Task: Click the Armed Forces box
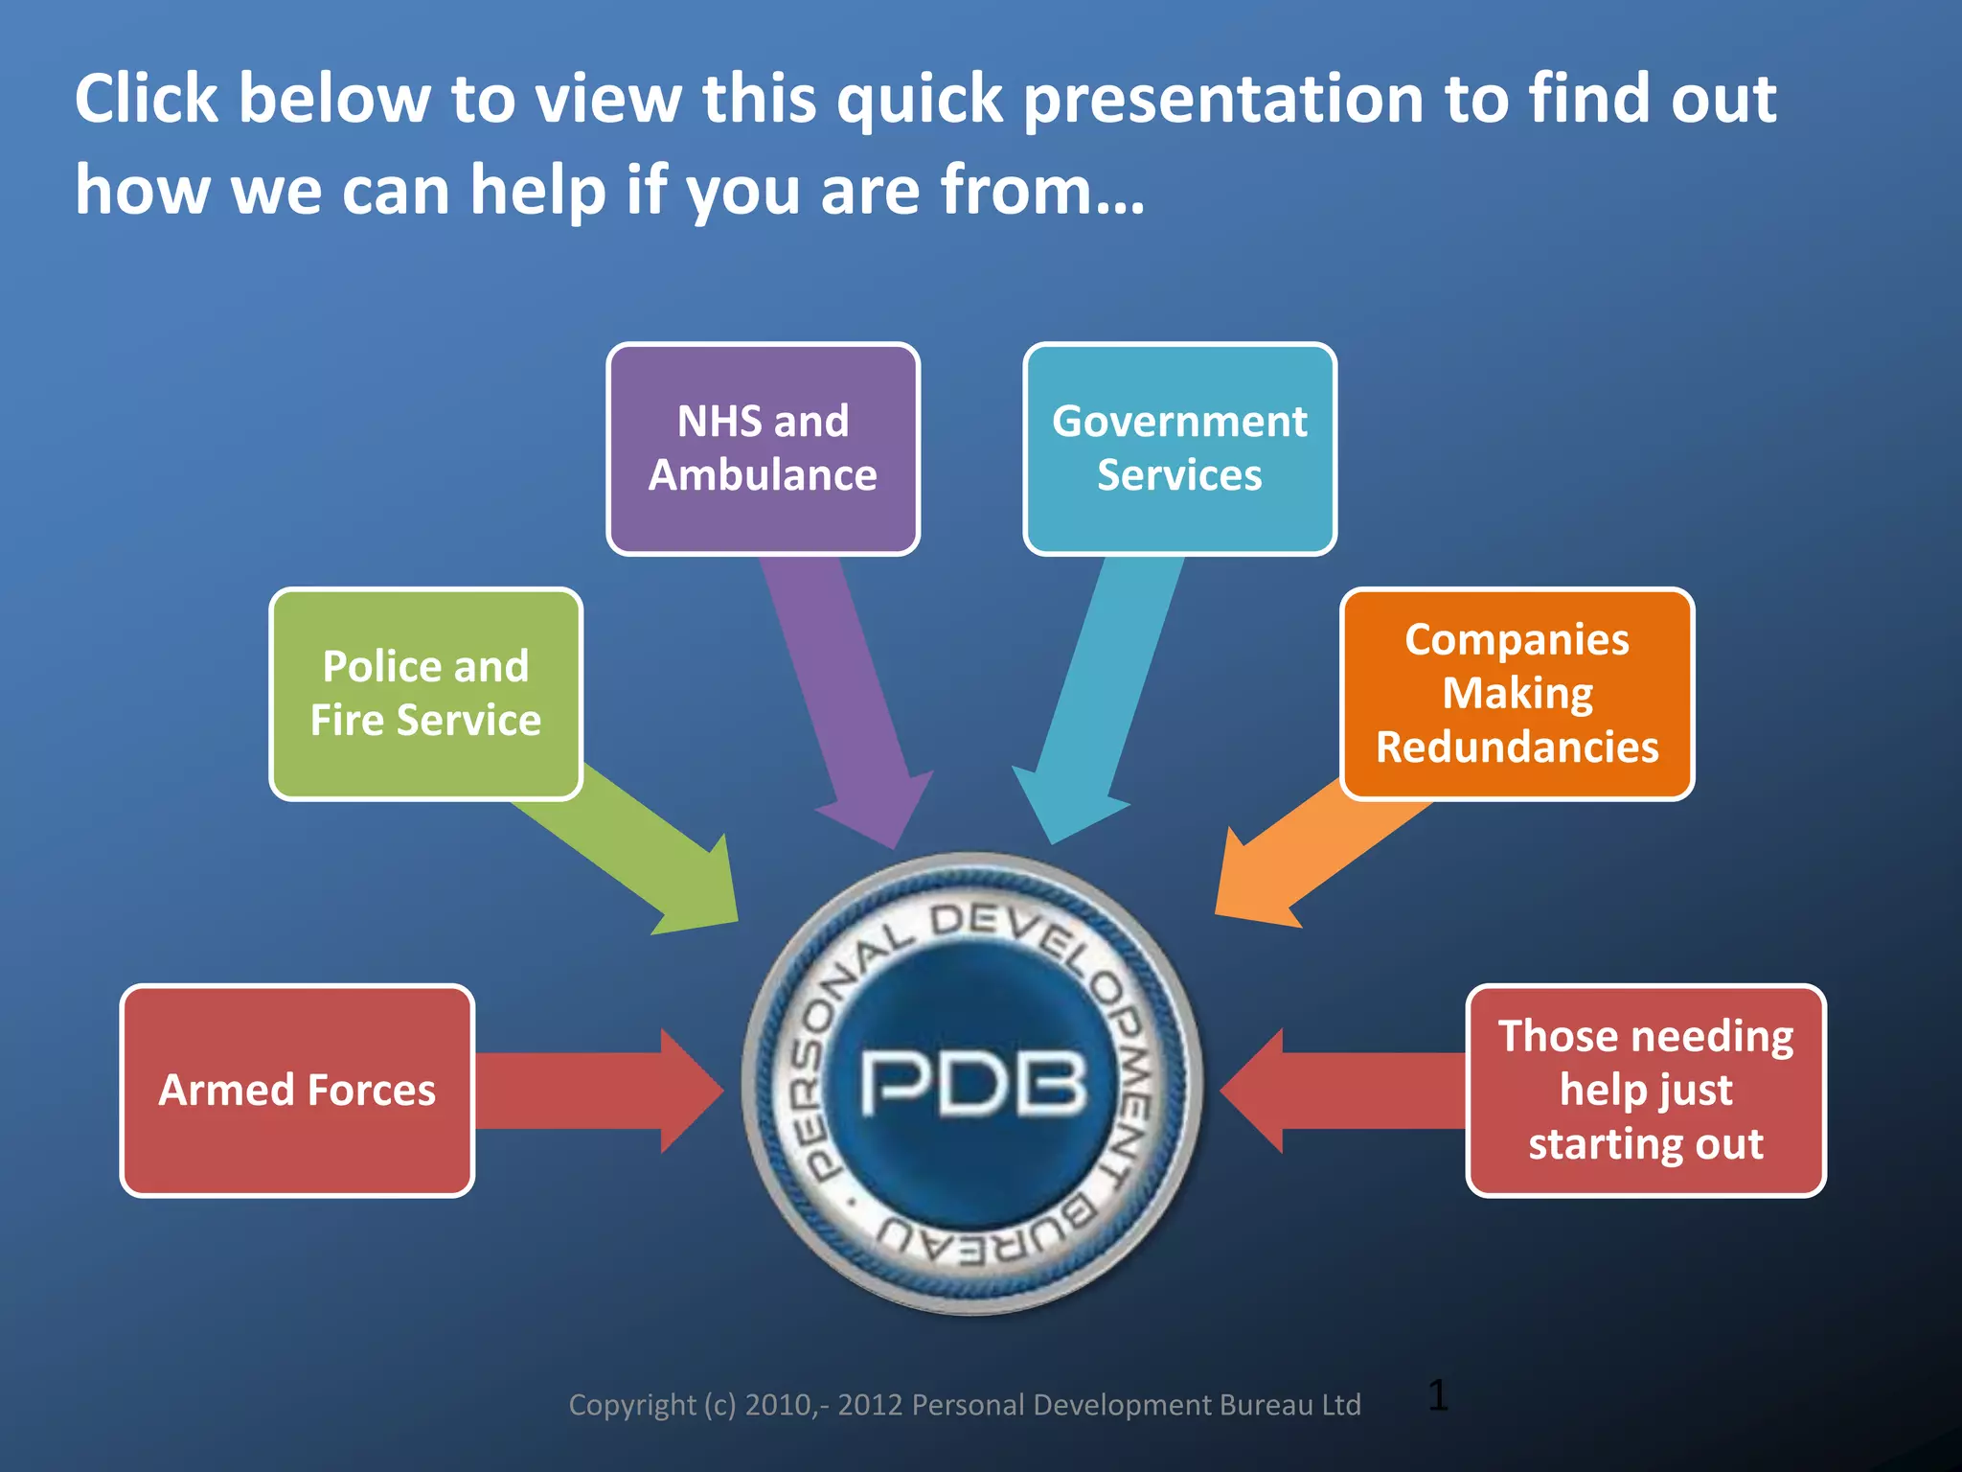297,1091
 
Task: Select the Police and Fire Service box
425,694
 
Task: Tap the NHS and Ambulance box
763,448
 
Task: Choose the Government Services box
1179,448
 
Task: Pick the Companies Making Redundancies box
1517,694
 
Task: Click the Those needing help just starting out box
1645,1091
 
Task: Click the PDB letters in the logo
973,1083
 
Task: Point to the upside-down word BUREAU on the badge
987,1236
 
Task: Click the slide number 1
1437,1395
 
